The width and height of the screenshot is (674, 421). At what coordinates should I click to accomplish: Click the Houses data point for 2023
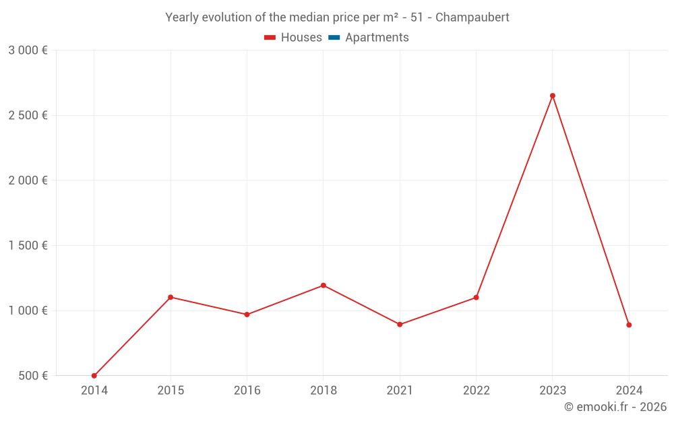tap(553, 96)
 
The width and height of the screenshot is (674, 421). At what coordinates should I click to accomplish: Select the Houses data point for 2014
tap(94, 376)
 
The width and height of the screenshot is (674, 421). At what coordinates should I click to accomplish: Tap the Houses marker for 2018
tap(324, 286)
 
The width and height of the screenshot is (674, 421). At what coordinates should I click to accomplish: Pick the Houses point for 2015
tap(171, 297)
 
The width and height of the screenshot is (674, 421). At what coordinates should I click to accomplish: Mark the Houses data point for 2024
tap(629, 325)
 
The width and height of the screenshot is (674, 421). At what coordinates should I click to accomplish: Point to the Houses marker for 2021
tap(400, 325)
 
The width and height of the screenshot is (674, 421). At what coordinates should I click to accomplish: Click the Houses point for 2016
tap(247, 315)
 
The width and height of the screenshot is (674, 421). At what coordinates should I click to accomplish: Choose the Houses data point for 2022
tap(476, 297)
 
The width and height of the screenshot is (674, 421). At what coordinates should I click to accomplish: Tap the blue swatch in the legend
tap(334, 38)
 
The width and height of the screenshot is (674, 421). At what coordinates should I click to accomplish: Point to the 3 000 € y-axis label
tap(28, 51)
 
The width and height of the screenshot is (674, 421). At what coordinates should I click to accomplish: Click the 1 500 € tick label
tap(28, 246)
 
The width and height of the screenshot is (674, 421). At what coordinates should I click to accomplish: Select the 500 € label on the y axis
tap(32, 376)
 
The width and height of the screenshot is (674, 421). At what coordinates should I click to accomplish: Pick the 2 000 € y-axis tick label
tap(28, 181)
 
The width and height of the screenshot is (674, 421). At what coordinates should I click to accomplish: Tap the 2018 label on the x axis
tap(324, 391)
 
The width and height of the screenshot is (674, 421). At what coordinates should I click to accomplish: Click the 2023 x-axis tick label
tap(553, 391)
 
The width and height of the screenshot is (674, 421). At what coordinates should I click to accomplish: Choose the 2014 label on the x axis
tap(94, 391)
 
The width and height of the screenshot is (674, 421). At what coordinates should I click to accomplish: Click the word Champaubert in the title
tap(472, 17)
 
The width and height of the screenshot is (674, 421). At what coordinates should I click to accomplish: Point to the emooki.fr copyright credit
tap(615, 407)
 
